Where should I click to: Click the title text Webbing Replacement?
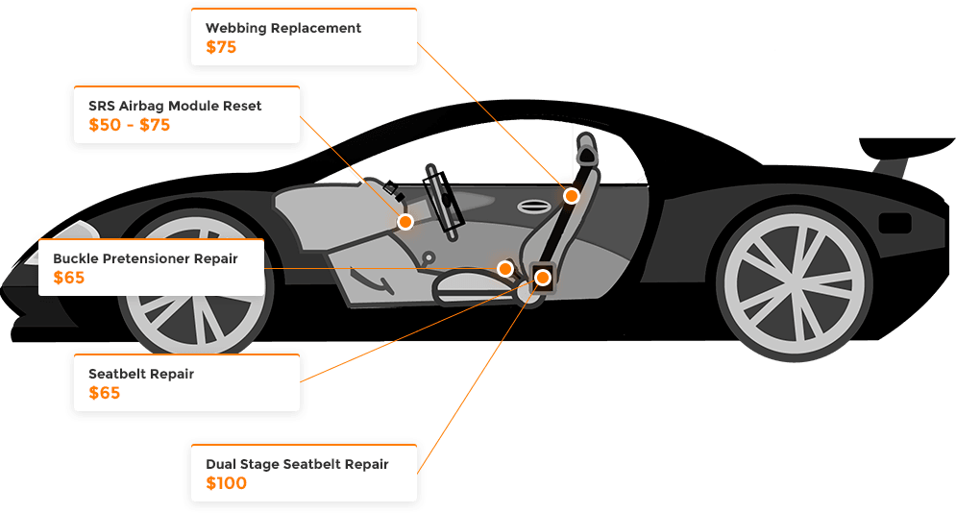coord(283,28)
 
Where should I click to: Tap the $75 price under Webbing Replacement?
coord(221,47)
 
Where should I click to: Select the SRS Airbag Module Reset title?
coord(175,106)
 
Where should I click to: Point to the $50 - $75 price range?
coord(129,125)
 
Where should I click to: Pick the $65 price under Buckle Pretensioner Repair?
coord(70,279)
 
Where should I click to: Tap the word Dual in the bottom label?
coord(222,464)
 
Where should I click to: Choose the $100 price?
coord(227,483)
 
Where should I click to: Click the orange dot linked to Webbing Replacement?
coord(571,196)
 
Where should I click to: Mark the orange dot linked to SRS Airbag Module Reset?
coord(405,222)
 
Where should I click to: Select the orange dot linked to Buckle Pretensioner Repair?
coord(505,268)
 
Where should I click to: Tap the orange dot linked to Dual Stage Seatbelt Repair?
coord(543,278)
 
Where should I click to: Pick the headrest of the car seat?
coord(588,151)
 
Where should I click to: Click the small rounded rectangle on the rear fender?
coord(895,223)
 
